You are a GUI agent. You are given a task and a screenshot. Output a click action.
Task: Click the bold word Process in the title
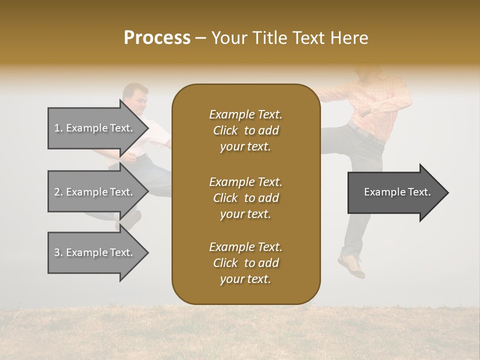157,38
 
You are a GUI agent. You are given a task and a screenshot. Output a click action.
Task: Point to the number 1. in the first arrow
58,128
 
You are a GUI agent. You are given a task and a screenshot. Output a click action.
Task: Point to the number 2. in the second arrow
58,192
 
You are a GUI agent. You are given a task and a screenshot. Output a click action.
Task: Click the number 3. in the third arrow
58,252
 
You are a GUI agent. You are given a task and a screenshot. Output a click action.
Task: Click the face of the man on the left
136,99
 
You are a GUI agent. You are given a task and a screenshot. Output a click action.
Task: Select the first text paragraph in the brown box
245,130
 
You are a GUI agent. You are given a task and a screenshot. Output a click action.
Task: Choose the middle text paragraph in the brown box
245,197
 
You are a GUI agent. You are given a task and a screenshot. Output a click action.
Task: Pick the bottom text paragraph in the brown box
245,263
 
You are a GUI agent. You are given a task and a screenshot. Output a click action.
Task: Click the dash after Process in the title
200,38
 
